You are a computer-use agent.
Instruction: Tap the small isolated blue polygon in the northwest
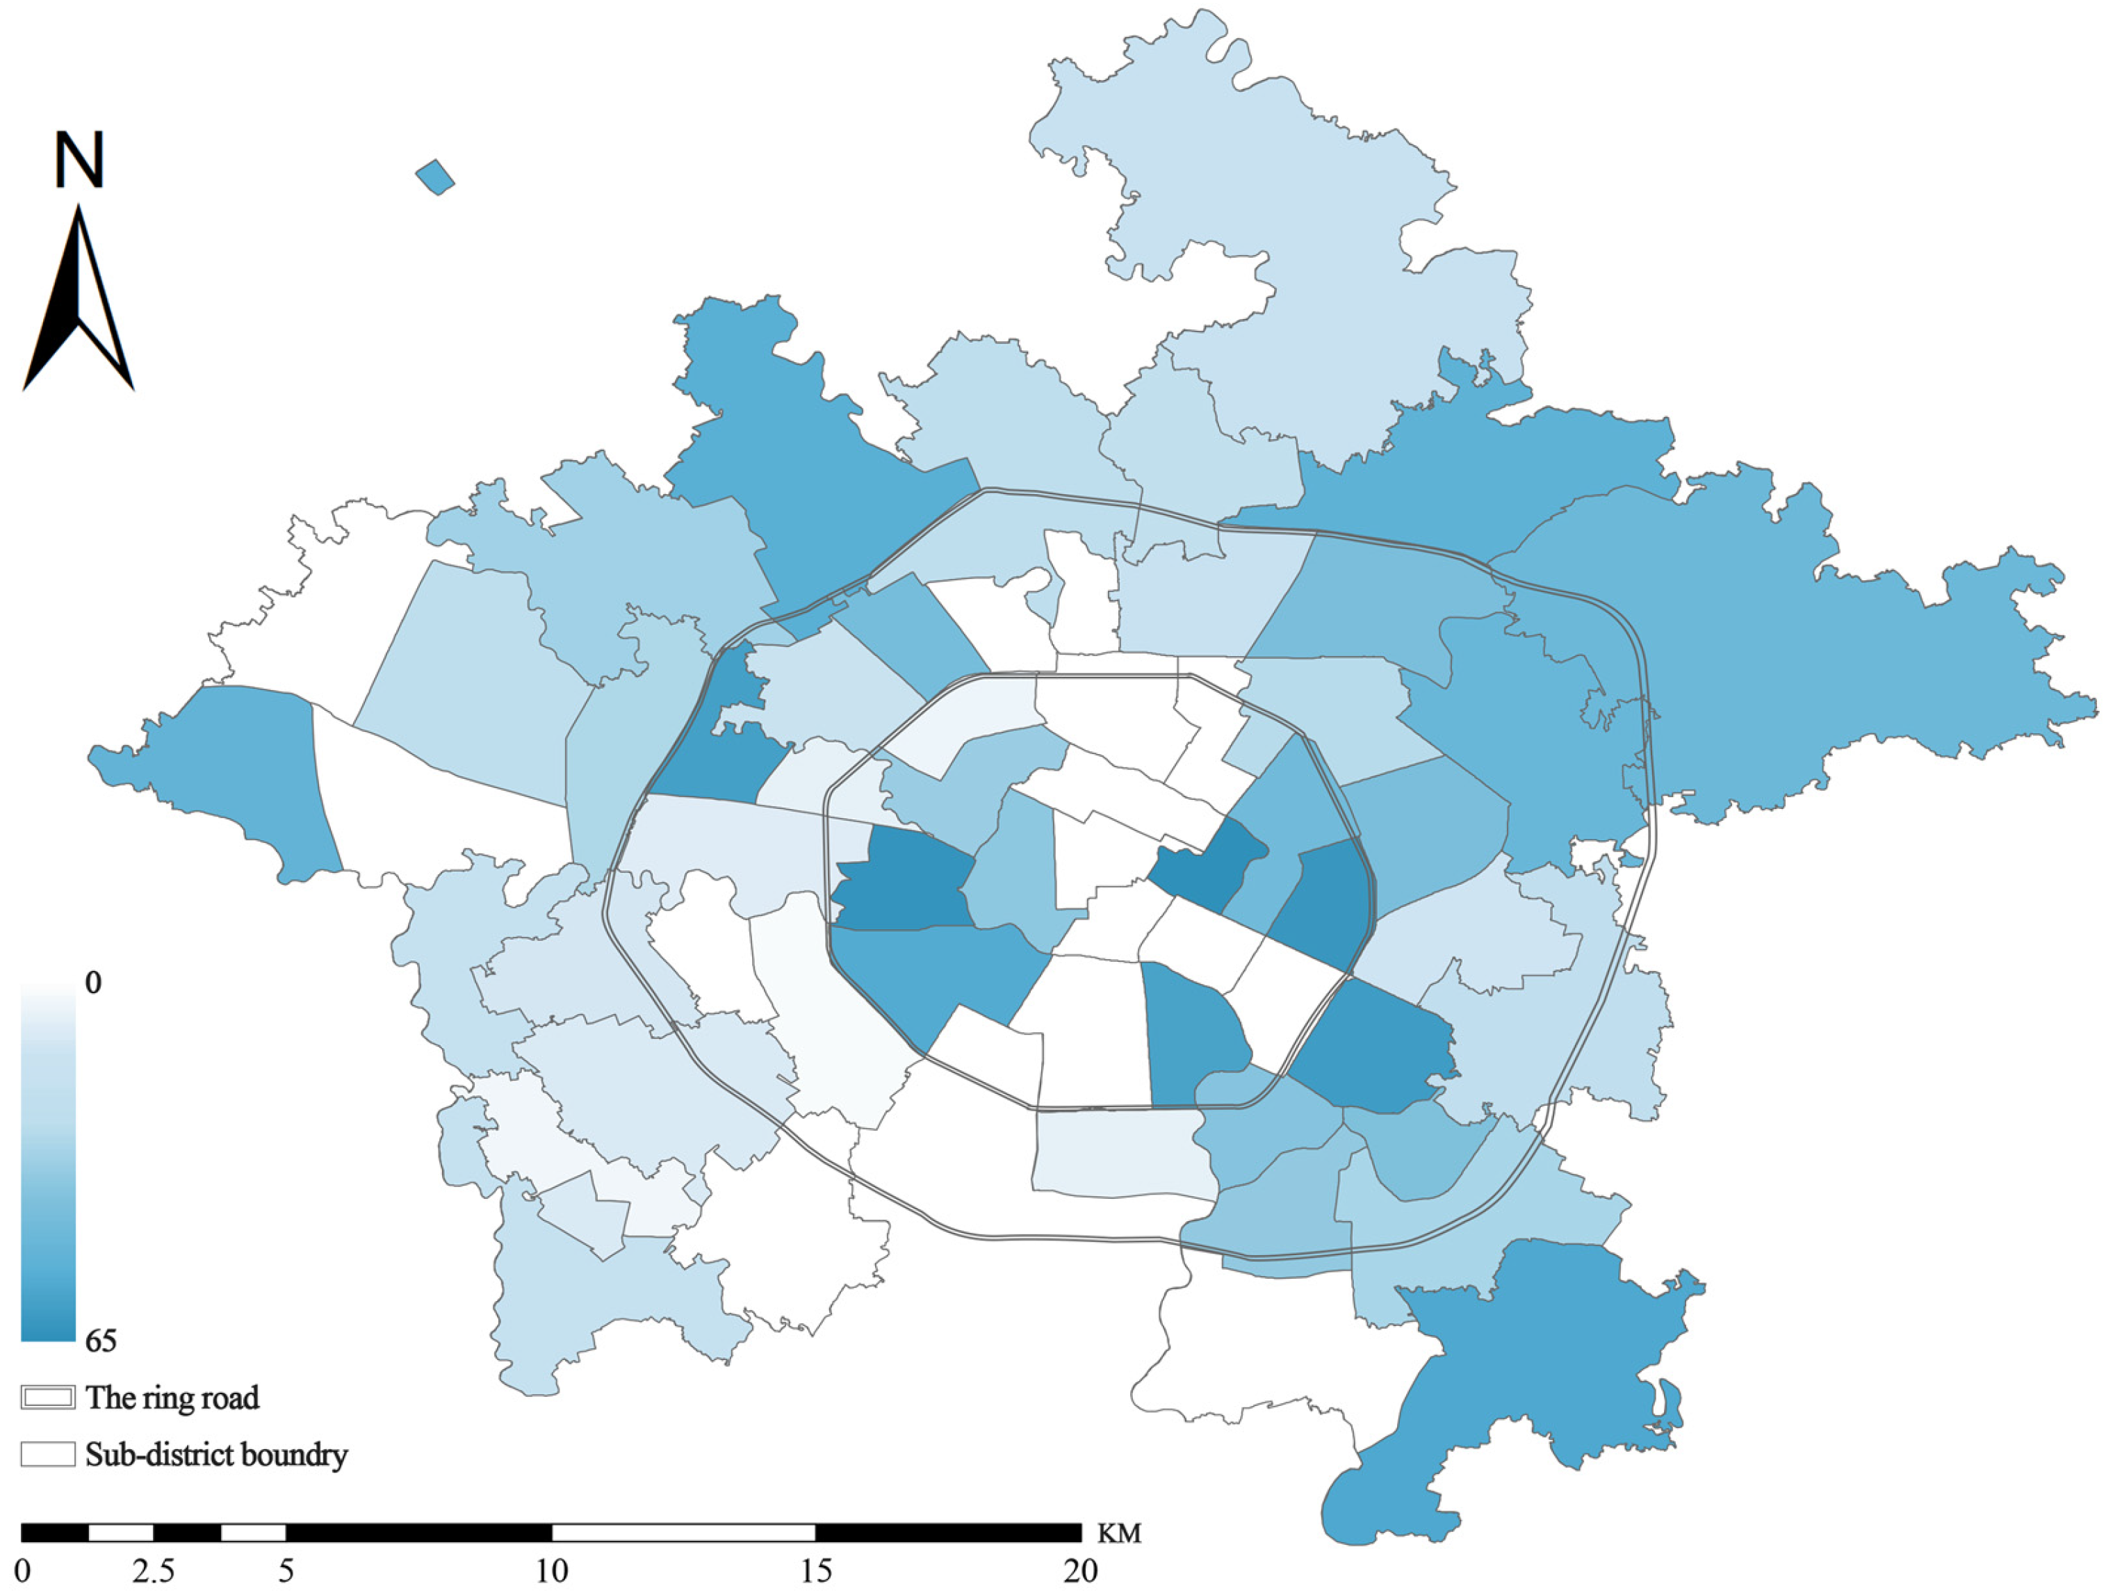(x=435, y=177)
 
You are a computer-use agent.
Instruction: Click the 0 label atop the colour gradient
(x=92, y=982)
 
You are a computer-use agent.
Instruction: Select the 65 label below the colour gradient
(x=100, y=1341)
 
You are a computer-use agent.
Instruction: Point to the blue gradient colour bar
(x=47, y=1162)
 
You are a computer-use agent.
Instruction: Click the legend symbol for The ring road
(x=47, y=1397)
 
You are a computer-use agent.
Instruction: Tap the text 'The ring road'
(x=172, y=1397)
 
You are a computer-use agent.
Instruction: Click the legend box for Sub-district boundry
(x=47, y=1454)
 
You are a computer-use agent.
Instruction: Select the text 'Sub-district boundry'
(x=216, y=1454)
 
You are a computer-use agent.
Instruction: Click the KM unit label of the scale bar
(x=1119, y=1533)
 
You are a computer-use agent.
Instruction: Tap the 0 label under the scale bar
(x=23, y=1570)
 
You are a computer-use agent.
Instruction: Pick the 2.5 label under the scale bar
(x=154, y=1570)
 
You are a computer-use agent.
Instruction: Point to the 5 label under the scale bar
(x=286, y=1570)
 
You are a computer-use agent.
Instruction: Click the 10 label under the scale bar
(x=551, y=1570)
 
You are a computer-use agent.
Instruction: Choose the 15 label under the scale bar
(x=816, y=1570)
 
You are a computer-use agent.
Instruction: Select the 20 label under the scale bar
(x=1081, y=1570)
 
